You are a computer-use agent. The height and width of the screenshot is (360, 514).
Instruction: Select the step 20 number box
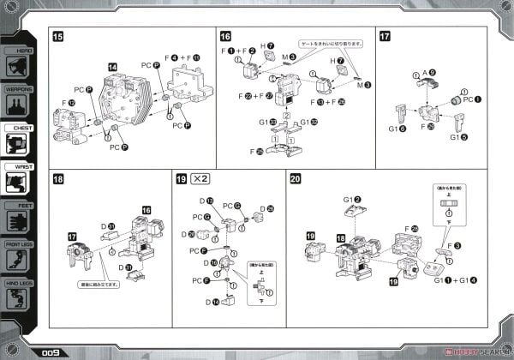pyautogui.click(x=296, y=179)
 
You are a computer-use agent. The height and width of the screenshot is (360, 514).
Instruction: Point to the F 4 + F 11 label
pyautogui.click(x=185, y=57)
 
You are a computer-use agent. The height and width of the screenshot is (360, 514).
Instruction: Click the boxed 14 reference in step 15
pyautogui.click(x=113, y=65)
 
